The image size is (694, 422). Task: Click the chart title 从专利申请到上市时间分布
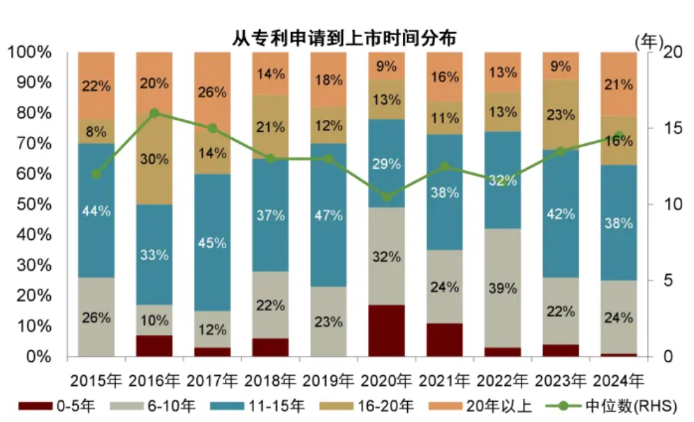click(x=344, y=38)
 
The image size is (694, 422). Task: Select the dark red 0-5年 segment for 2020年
click(x=386, y=331)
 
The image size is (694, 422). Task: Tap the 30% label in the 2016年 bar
click(x=154, y=159)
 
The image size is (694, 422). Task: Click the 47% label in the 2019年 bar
click(x=328, y=216)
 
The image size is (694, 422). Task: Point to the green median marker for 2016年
click(x=154, y=113)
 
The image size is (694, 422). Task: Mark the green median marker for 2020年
click(x=386, y=197)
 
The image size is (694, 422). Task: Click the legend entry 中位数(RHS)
click(x=611, y=406)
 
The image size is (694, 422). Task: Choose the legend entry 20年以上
click(x=480, y=406)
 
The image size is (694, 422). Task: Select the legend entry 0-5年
click(x=57, y=406)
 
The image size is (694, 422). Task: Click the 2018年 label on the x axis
click(x=270, y=380)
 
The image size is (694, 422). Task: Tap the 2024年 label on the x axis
click(x=619, y=380)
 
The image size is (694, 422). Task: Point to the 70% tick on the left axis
click(x=34, y=143)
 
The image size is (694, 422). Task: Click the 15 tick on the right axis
click(x=672, y=128)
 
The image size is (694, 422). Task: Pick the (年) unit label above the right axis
click(x=649, y=43)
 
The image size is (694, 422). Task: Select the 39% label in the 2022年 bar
click(x=503, y=288)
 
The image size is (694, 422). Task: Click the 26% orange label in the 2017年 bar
click(x=212, y=92)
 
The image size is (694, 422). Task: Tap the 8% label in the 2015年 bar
click(x=96, y=132)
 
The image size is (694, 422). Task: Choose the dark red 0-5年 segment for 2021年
click(x=444, y=340)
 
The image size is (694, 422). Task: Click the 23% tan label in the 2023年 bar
click(x=561, y=115)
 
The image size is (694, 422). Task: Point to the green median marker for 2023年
click(x=561, y=151)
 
